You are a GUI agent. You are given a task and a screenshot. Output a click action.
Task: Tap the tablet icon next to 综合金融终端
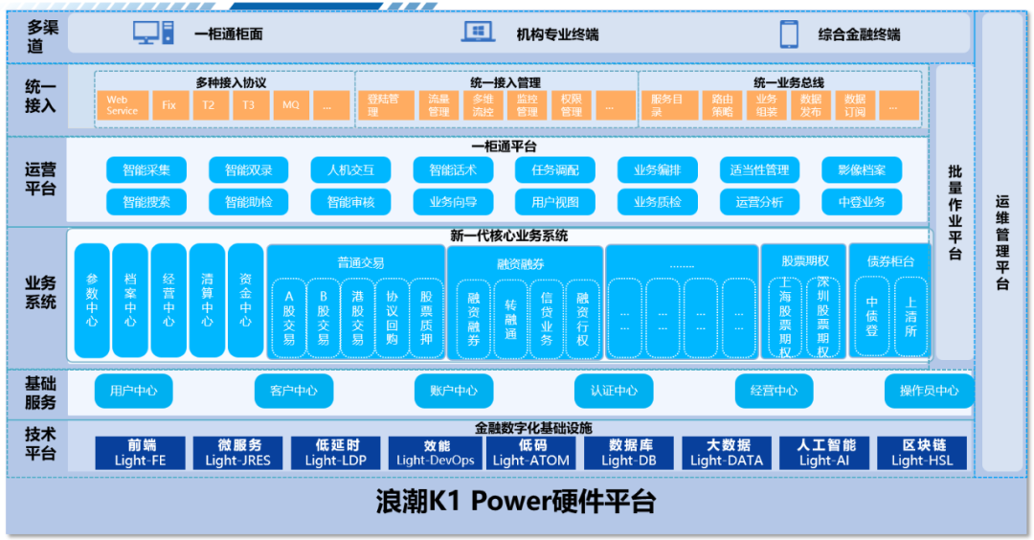pyautogui.click(x=789, y=34)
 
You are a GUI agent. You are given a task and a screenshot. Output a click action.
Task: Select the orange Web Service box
pyautogui.click(x=123, y=104)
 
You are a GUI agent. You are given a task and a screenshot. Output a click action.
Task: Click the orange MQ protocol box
pyautogui.click(x=290, y=104)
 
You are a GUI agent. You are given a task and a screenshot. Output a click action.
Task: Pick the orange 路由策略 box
pyautogui.click(x=723, y=104)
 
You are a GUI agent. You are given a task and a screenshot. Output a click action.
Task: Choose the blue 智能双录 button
pyautogui.click(x=249, y=170)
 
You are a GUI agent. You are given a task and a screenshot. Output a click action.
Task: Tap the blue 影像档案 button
pyautogui.click(x=862, y=170)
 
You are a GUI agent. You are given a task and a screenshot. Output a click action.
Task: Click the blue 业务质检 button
pyautogui.click(x=658, y=202)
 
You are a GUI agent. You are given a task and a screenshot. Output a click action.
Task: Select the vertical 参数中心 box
pyautogui.click(x=92, y=301)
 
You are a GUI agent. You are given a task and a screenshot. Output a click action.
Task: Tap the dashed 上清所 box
pyautogui.click(x=910, y=317)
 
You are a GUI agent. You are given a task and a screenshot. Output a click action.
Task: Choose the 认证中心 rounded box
pyautogui.click(x=614, y=391)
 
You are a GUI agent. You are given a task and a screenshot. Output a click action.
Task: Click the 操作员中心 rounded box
pyautogui.click(x=929, y=391)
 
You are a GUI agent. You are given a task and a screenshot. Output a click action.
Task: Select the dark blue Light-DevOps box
pyautogui.click(x=436, y=453)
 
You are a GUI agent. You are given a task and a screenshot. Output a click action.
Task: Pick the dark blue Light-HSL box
pyautogui.click(x=924, y=453)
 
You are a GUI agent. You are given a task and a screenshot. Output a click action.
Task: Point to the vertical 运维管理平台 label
pyautogui.click(x=1002, y=243)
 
